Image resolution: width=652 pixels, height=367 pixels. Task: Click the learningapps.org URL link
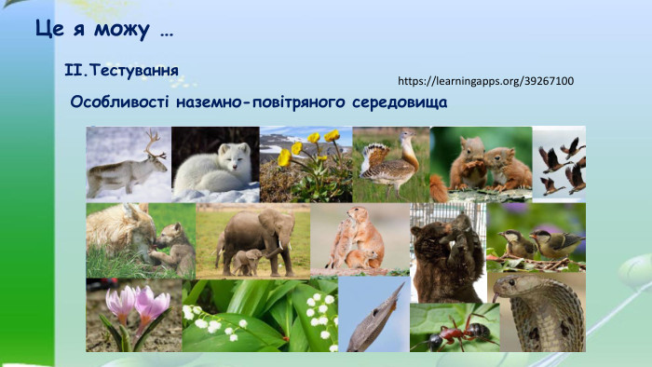tap(485, 81)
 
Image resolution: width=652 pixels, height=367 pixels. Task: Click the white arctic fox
tap(214, 169)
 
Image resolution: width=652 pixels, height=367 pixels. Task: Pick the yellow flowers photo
tap(306, 164)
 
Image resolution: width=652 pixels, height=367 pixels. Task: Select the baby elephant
tap(247, 261)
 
